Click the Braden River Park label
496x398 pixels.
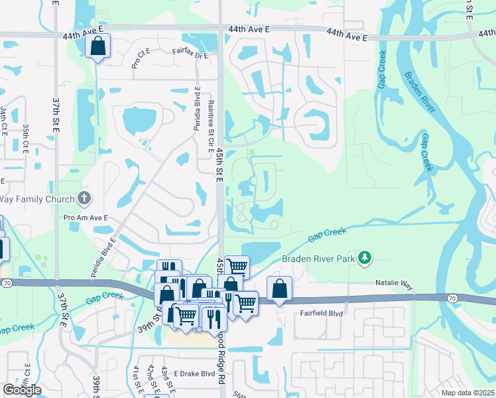tap(319, 258)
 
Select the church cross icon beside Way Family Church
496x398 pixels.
tap(84, 198)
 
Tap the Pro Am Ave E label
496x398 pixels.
tap(86, 218)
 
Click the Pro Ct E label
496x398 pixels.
tap(142, 61)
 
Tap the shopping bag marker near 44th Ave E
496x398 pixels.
tap(97, 46)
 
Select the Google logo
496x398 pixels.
tap(22, 389)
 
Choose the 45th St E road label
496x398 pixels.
tap(219, 163)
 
